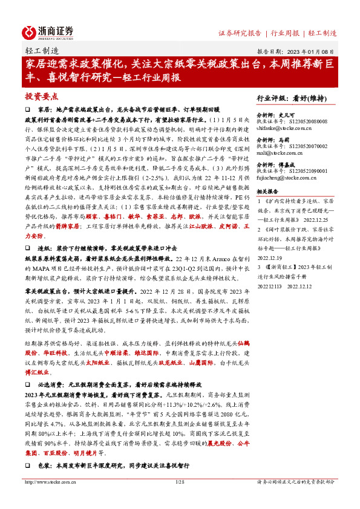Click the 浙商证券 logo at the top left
click(48, 31)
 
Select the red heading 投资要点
click(42, 96)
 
